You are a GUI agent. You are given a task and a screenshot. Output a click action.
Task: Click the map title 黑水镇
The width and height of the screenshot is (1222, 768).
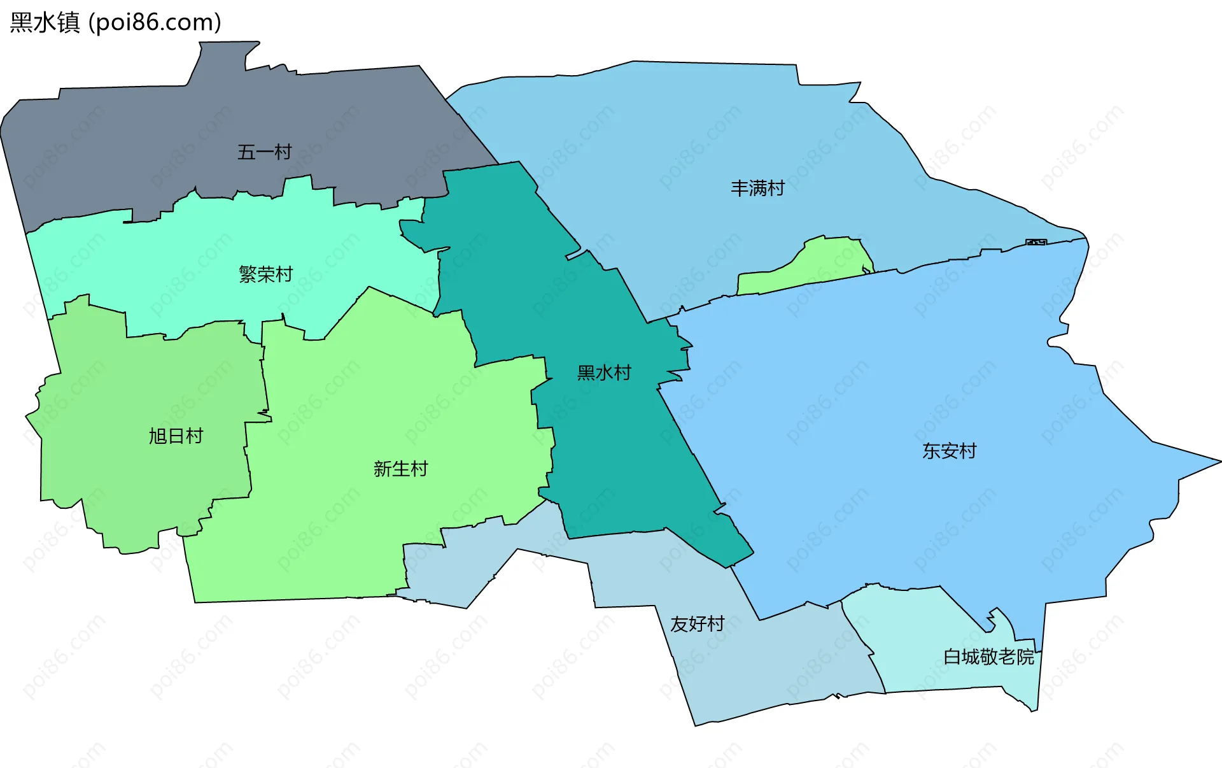(45, 22)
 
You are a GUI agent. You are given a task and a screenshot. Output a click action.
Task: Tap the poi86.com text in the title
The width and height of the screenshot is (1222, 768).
(155, 22)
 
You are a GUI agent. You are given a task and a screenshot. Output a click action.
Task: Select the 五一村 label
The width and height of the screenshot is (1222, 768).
(264, 152)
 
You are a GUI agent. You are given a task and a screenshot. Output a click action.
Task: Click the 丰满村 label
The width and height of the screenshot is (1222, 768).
(757, 188)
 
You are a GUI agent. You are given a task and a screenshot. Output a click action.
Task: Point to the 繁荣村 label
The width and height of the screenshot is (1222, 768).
(265, 274)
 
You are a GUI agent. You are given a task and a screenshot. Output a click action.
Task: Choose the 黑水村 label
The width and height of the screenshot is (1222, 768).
(604, 373)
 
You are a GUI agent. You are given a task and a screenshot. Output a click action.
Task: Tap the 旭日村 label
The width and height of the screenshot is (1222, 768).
(176, 436)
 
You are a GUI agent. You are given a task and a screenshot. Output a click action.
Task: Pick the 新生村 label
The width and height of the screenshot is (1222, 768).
(400, 469)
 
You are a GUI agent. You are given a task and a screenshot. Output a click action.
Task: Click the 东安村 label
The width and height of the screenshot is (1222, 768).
(949, 451)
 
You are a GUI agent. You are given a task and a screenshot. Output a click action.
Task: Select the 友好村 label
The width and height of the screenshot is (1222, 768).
(697, 623)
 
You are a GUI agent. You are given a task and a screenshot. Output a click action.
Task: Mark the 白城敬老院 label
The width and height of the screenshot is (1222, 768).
(988, 657)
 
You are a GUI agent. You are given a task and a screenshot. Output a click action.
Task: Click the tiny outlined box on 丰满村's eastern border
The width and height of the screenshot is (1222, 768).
(1036, 242)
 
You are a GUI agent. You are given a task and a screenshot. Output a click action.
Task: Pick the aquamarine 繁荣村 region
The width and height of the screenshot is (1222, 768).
(191, 255)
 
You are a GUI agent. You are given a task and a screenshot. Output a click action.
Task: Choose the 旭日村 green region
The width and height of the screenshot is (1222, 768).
(127, 395)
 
